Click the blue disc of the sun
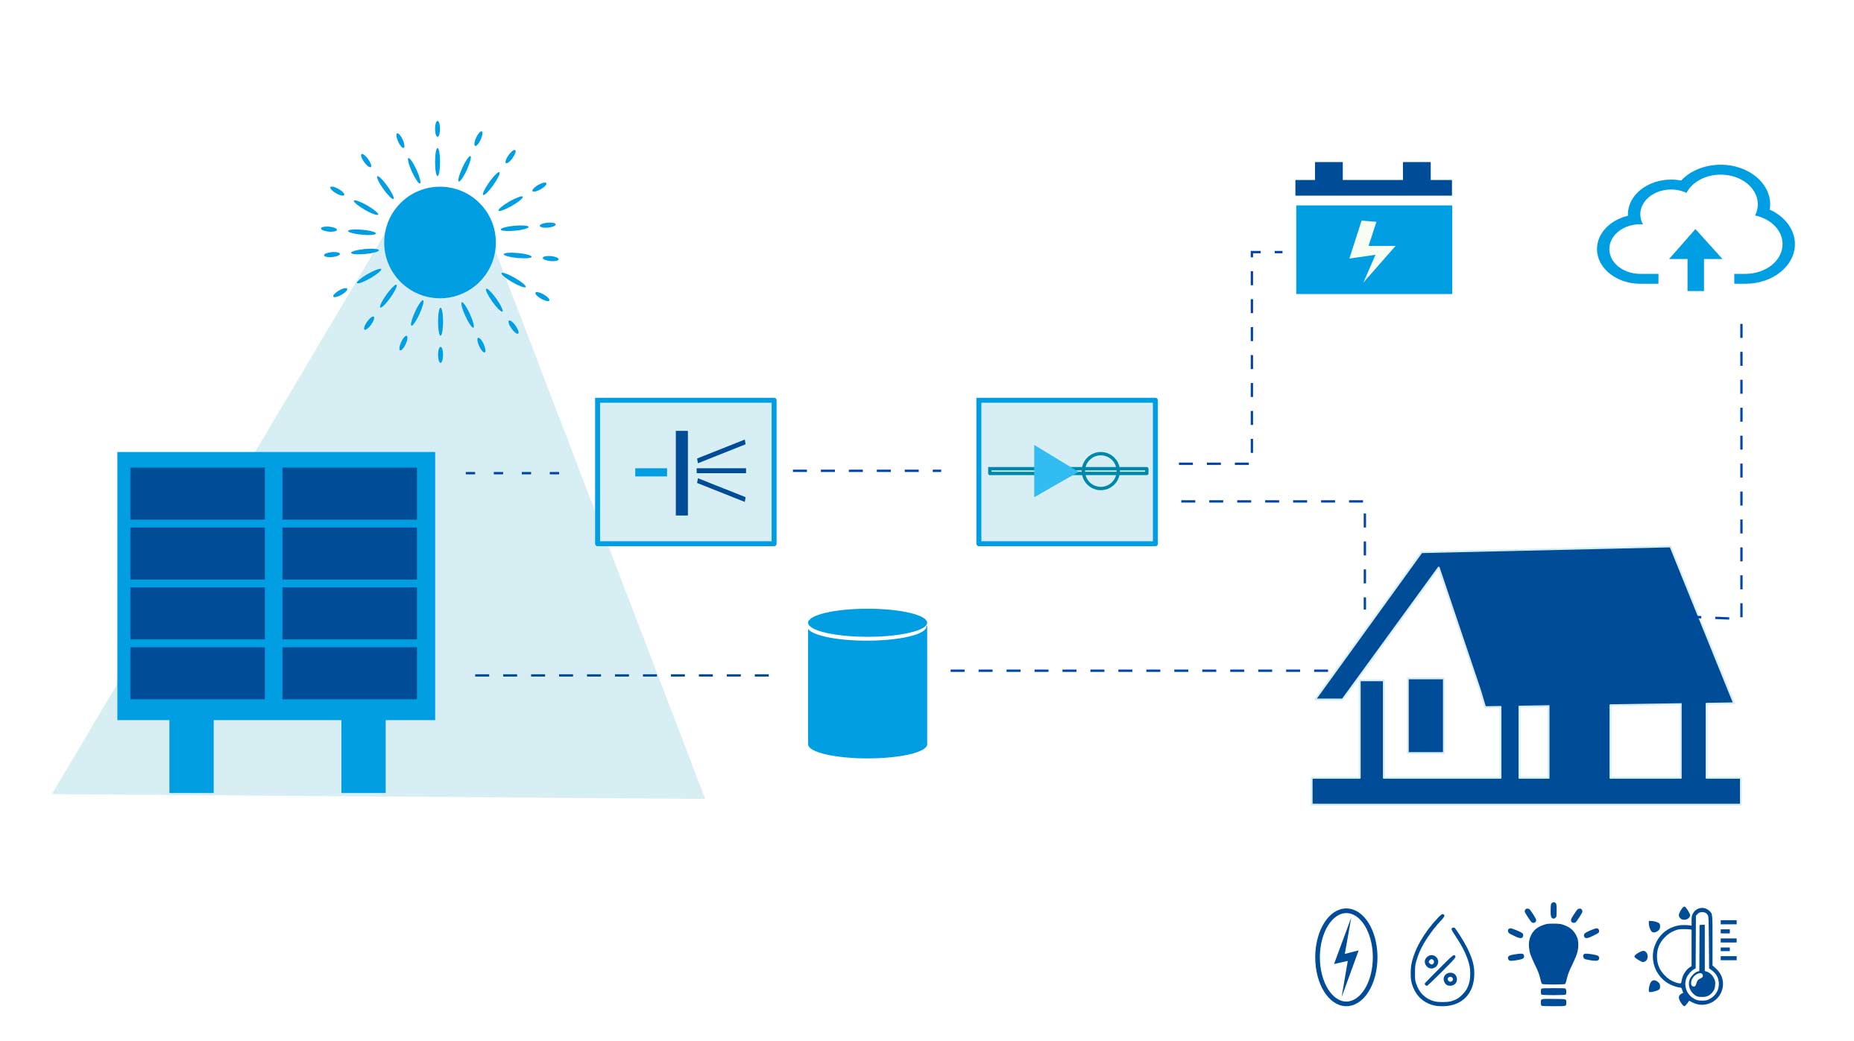click(440, 242)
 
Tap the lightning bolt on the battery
click(1370, 250)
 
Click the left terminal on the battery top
click(1328, 171)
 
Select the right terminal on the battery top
click(1416, 171)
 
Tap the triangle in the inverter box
click(1051, 471)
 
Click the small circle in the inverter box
click(1100, 471)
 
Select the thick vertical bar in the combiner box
click(681, 472)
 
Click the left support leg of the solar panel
click(192, 756)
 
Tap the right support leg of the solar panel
click(363, 756)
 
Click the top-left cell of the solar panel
click(198, 493)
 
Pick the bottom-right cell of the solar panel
click(350, 673)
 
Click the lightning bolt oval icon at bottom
click(1346, 958)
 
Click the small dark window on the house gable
click(1425, 715)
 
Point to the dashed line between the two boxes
click(867, 471)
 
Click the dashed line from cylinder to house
click(1133, 671)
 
